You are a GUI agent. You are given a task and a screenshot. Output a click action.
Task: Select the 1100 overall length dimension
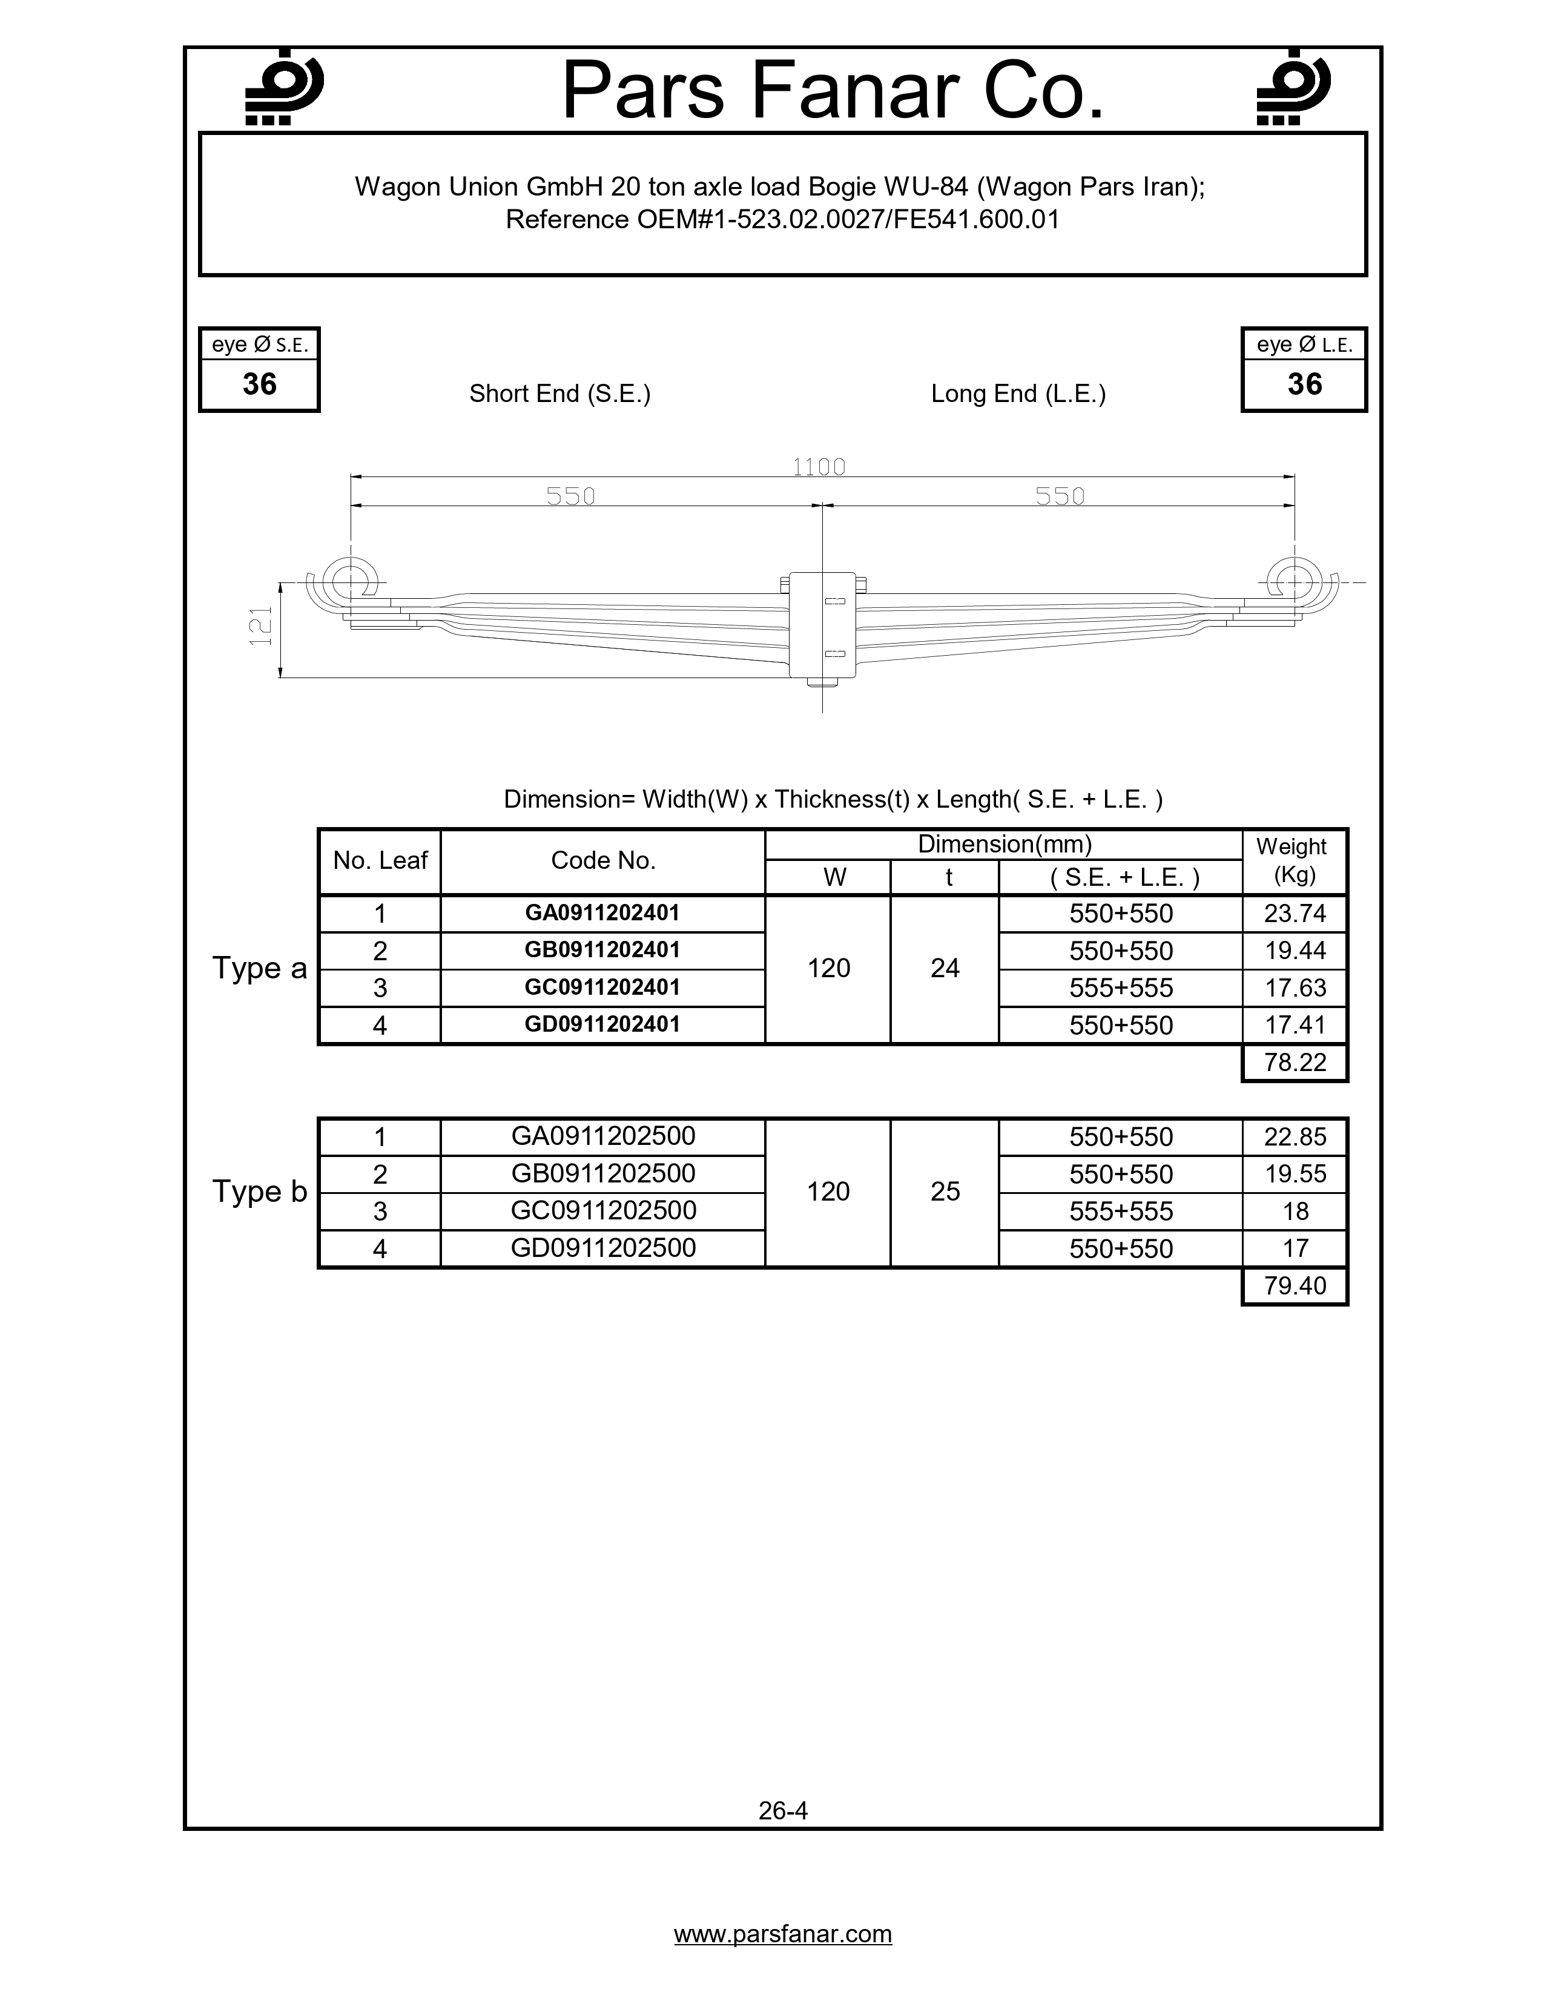coord(819,467)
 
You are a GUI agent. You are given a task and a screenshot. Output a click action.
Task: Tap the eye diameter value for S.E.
coord(260,384)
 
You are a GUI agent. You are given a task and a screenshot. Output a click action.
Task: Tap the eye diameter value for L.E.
coord(1304,384)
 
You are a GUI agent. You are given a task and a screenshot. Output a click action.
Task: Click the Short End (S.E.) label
coord(560,394)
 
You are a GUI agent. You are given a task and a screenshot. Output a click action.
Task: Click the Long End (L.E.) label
coord(1018,394)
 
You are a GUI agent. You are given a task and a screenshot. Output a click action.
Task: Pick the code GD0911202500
coord(603,1248)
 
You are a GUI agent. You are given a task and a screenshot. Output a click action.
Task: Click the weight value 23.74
coord(1295,913)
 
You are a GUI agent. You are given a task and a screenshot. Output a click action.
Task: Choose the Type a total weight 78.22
coord(1295,1062)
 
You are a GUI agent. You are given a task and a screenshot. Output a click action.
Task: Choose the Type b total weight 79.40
coord(1295,1285)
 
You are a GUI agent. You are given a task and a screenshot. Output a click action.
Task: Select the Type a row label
coord(260,968)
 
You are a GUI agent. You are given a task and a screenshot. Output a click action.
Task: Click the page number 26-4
coord(783,1810)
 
